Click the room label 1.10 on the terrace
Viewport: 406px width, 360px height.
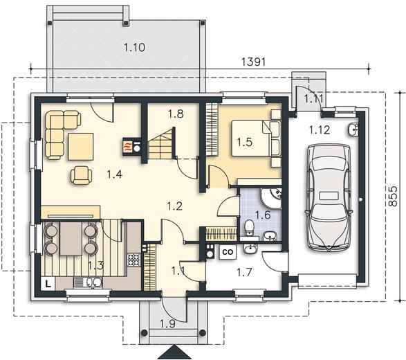point(134,48)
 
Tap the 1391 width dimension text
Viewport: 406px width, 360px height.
point(254,62)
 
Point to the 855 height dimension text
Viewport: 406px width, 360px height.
point(393,196)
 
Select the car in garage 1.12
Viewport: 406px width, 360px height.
point(329,198)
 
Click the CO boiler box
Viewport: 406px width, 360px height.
point(228,252)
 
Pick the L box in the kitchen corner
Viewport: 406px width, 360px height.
point(48,284)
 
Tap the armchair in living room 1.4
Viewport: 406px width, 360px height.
point(82,175)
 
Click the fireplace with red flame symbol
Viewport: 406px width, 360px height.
point(131,146)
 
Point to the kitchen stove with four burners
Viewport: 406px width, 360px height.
point(133,260)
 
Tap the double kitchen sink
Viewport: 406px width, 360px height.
point(89,282)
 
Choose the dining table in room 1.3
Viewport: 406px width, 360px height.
point(71,238)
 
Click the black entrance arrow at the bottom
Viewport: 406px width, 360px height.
point(175,352)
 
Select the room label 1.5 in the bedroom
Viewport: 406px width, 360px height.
point(245,142)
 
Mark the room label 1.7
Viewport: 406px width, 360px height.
point(244,272)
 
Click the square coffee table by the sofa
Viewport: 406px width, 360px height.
point(81,147)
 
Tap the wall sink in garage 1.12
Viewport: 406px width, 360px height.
point(353,129)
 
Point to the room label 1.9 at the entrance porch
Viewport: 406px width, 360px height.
point(168,324)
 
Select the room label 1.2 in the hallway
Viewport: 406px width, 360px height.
point(174,206)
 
